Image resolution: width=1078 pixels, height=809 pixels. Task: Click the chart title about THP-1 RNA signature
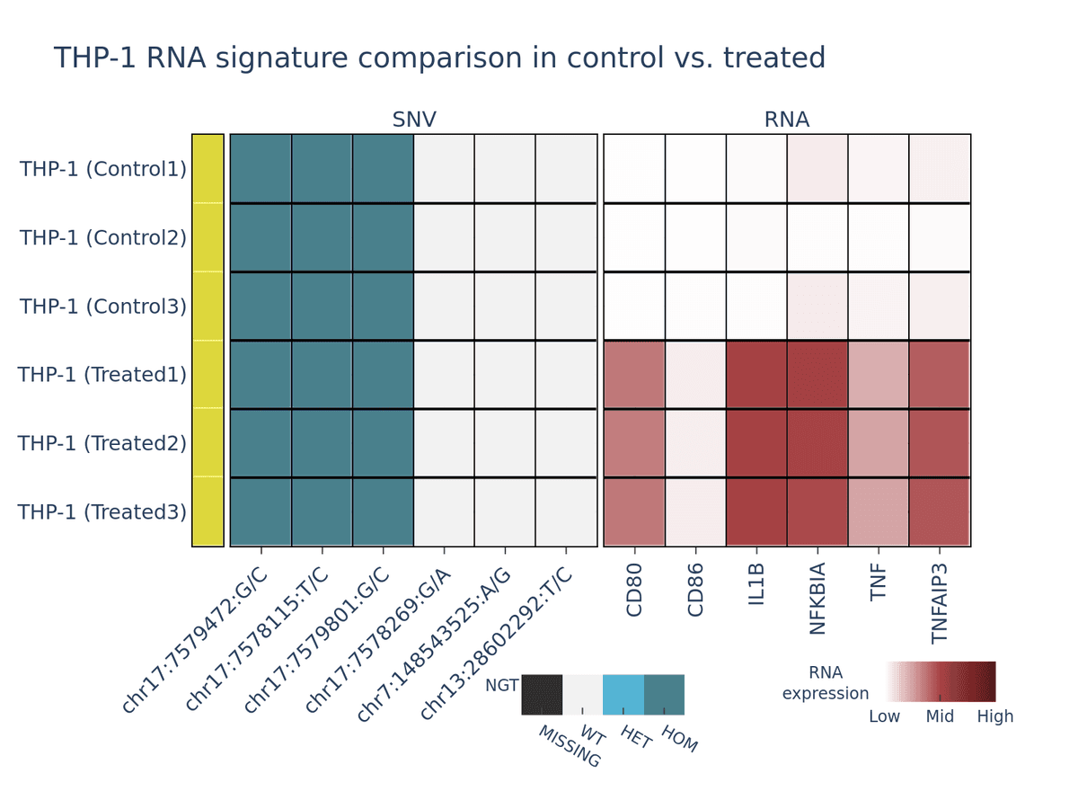click(x=439, y=58)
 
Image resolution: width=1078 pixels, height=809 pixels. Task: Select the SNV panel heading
click(x=414, y=120)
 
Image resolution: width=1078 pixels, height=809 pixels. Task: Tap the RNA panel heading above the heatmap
click(x=787, y=120)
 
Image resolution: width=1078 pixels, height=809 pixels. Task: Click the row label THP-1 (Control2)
click(x=103, y=237)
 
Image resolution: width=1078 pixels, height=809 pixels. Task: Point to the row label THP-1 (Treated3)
click(x=102, y=511)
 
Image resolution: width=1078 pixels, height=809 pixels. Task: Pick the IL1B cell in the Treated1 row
click(x=756, y=374)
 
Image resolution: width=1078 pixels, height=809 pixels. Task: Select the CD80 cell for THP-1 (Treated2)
click(x=634, y=443)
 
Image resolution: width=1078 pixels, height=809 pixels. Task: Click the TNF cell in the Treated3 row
click(x=879, y=511)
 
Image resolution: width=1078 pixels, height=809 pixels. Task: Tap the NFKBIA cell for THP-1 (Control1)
click(x=817, y=169)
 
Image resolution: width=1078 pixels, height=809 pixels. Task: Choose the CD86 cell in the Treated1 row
click(x=695, y=374)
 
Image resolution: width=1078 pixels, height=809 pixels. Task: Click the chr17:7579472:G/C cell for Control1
click(x=261, y=169)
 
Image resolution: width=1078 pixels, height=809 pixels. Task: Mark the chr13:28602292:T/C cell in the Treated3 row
click(x=566, y=511)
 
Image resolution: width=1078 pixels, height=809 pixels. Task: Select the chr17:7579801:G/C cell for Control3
click(x=383, y=306)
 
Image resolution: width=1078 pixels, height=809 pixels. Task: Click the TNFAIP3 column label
click(x=940, y=602)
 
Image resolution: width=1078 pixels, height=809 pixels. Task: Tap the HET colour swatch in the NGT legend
click(x=623, y=695)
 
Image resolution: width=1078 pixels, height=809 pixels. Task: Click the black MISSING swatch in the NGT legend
click(x=542, y=695)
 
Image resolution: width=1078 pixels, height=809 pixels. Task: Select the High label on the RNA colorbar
click(x=995, y=716)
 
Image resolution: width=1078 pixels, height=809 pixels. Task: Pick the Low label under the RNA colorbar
click(x=885, y=716)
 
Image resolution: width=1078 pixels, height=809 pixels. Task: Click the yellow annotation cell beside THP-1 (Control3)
click(x=208, y=306)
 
